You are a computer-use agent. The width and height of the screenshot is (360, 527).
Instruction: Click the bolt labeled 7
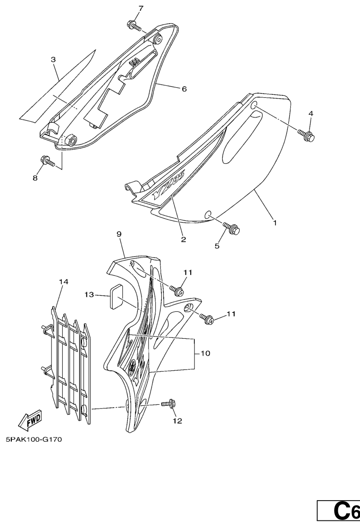(134, 25)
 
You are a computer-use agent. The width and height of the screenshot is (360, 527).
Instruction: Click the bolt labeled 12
(168, 403)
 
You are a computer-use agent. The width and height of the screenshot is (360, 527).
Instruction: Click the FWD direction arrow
(30, 420)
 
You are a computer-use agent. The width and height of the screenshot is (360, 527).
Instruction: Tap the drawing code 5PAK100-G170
(34, 439)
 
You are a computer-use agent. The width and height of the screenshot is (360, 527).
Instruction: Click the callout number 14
(64, 282)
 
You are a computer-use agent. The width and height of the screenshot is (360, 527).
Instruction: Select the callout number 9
(119, 234)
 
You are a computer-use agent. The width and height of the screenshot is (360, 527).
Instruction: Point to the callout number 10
(205, 353)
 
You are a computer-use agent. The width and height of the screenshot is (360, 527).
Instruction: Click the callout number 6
(184, 89)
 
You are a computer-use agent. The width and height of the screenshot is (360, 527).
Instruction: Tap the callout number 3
(53, 60)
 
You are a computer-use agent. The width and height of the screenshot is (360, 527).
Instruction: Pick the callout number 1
(275, 223)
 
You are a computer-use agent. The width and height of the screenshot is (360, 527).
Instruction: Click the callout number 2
(183, 240)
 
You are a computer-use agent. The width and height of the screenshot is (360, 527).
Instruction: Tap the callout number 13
(89, 294)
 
